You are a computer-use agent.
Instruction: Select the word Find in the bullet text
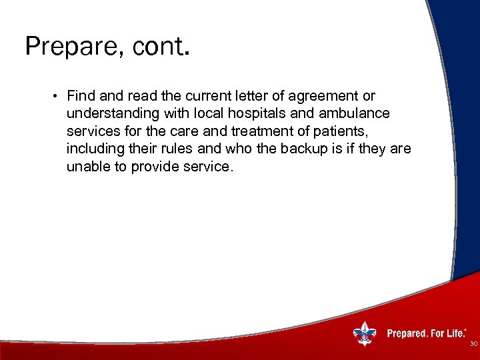click(80, 97)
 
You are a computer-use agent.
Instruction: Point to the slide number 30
click(473, 344)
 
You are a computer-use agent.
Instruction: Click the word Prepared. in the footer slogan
click(407, 333)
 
